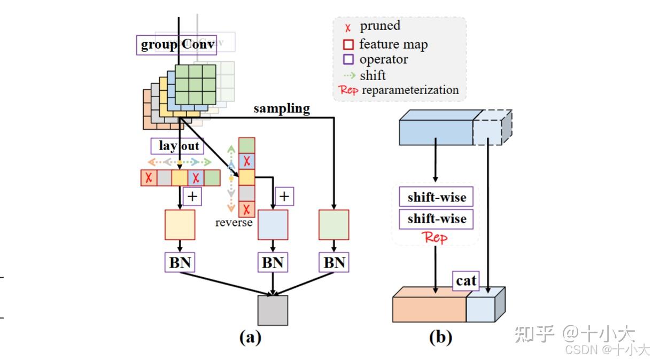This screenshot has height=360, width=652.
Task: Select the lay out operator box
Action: tap(177, 146)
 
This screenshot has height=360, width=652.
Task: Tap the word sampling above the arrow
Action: tap(281, 108)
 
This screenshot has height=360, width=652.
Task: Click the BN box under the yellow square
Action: tap(180, 263)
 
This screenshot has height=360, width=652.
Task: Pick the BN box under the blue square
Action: tap(273, 263)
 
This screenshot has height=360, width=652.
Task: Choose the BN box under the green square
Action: tap(334, 263)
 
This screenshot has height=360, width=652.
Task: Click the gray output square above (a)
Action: tap(273, 310)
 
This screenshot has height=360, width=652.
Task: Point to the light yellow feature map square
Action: tap(180, 225)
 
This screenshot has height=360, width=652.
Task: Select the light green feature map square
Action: tap(334, 225)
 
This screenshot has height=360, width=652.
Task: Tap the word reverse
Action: tap(234, 223)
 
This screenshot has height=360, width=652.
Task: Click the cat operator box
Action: tap(466, 281)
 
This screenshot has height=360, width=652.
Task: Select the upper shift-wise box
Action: tap(437, 197)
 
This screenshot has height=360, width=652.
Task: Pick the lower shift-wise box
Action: tap(437, 219)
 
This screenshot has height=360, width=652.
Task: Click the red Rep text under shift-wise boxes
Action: tap(435, 238)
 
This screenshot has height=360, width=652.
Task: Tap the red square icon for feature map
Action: tap(348, 44)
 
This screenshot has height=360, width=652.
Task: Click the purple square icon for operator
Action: tap(348, 60)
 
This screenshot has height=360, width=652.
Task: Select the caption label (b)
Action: tap(441, 338)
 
